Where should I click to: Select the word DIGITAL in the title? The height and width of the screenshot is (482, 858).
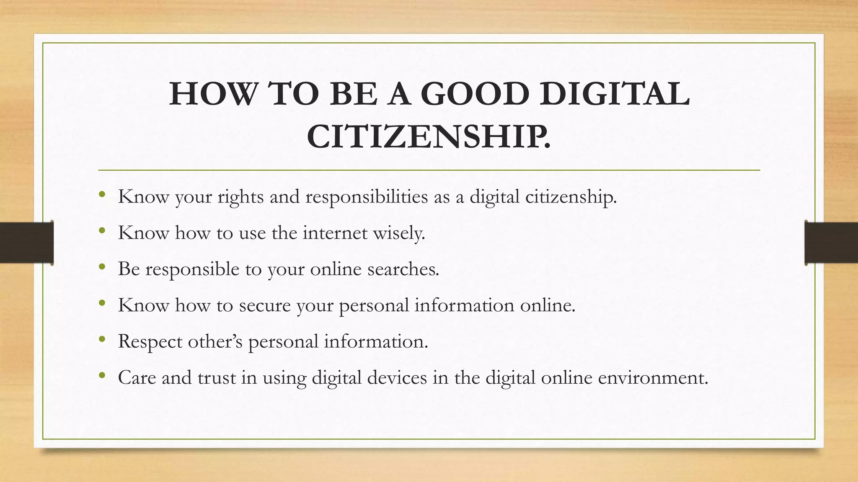[614, 94]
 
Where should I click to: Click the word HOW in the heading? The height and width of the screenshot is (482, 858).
[212, 94]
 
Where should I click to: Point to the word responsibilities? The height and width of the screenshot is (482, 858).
[367, 197]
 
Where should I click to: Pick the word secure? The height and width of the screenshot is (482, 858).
[265, 305]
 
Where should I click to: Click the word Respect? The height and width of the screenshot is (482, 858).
[150, 342]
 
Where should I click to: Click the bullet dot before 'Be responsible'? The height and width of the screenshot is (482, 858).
[102, 267]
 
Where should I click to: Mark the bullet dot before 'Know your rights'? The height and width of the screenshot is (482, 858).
[102, 194]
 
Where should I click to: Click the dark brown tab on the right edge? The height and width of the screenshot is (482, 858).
[831, 243]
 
